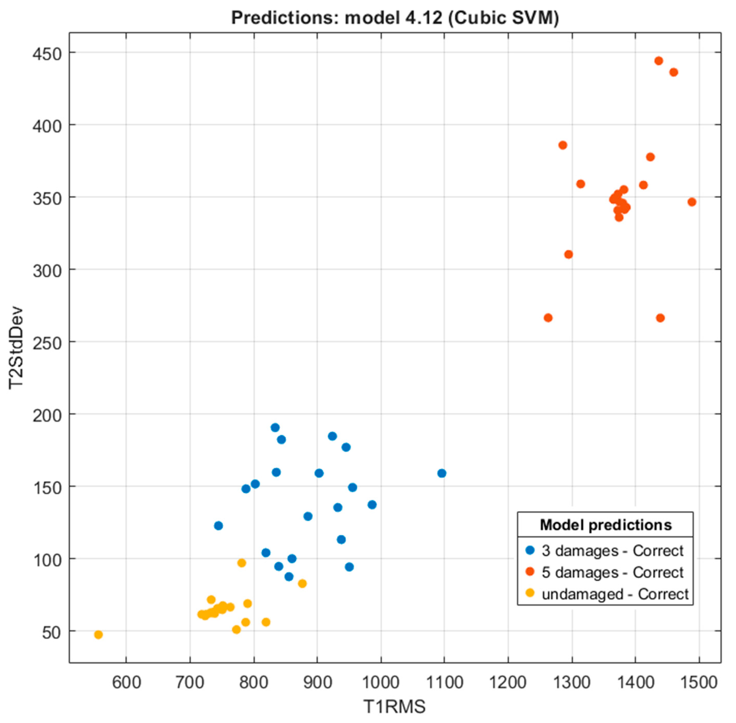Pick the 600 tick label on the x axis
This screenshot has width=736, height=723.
(x=126, y=682)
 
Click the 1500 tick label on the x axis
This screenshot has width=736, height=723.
(x=698, y=682)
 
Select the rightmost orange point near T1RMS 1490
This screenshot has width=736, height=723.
(x=692, y=202)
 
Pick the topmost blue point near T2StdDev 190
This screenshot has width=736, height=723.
(x=275, y=428)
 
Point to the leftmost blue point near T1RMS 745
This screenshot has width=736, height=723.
(x=219, y=525)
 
